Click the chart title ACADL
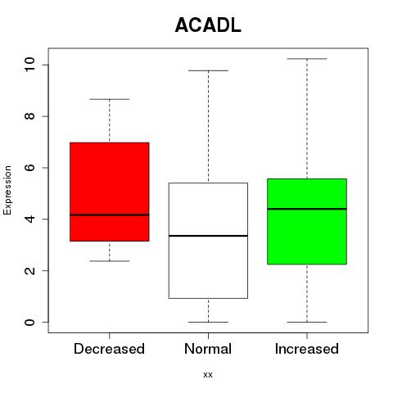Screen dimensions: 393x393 click(x=208, y=25)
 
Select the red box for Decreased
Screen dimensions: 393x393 click(x=110, y=192)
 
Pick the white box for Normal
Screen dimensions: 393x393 click(x=208, y=241)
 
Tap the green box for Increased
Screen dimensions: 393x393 click(x=307, y=221)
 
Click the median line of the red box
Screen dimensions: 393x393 click(x=110, y=215)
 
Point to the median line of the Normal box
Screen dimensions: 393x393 click(x=208, y=236)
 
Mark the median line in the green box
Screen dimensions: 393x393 click(x=307, y=209)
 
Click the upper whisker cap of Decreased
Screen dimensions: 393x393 click(x=110, y=99)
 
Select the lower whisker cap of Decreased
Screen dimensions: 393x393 click(x=110, y=261)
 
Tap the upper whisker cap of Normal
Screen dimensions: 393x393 click(x=208, y=70)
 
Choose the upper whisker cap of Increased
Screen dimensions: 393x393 click(x=307, y=59)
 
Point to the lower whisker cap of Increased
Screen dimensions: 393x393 click(x=307, y=322)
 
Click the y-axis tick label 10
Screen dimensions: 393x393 click(x=29, y=65)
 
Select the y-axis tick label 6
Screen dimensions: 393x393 click(x=29, y=168)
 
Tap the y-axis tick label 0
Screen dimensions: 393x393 click(x=29, y=322)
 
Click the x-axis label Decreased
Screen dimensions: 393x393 click(x=109, y=349)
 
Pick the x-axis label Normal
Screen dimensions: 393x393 click(x=208, y=349)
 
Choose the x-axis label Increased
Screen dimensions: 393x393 click(x=307, y=349)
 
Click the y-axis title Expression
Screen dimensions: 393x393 click(x=7, y=190)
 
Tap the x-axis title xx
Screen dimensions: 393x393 click(x=208, y=375)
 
